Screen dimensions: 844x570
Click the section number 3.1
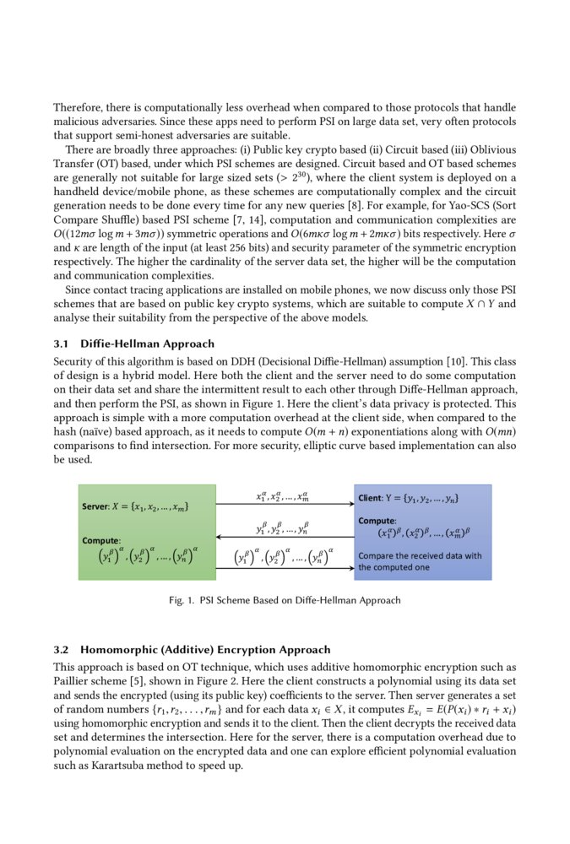[62, 344]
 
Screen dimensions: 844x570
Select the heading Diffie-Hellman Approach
[147, 344]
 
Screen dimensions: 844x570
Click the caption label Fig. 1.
[182, 601]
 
